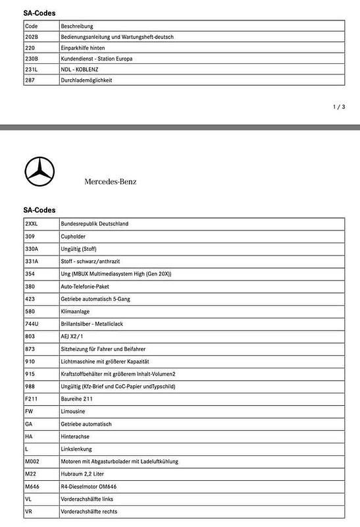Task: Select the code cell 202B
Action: [x=32, y=37]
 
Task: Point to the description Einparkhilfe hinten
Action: [x=86, y=47]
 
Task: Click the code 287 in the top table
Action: [x=30, y=80]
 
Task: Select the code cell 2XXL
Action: [x=32, y=223]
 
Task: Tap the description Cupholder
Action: [x=74, y=236]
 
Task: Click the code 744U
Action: [x=32, y=323]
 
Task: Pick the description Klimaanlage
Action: [x=76, y=311]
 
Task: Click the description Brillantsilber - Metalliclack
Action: [x=97, y=323]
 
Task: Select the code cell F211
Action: [x=31, y=399]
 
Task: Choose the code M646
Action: [x=32, y=486]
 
